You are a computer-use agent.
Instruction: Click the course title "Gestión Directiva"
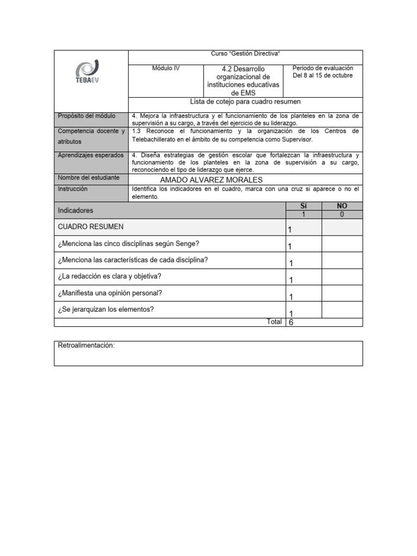[245, 54]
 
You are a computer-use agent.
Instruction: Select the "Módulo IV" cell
[166, 68]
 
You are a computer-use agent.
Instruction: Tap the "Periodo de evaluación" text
[323, 68]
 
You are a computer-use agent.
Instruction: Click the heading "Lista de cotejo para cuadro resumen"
[245, 102]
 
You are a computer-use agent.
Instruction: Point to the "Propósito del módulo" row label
[86, 116]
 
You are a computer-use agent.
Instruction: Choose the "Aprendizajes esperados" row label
[91, 155]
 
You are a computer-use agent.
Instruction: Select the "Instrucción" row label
[72, 189]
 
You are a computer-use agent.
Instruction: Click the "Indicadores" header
[75, 210]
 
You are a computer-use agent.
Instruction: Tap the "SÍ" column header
[304, 206]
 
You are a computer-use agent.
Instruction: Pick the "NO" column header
[342, 206]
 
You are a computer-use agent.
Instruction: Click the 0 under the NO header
[342, 214]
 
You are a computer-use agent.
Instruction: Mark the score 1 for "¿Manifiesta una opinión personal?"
[291, 297]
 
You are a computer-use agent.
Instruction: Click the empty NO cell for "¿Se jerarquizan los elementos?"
[342, 309]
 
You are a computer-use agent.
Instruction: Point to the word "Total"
[274, 321]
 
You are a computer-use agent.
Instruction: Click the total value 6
[291, 322]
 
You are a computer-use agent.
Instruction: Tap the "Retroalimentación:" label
[86, 346]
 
